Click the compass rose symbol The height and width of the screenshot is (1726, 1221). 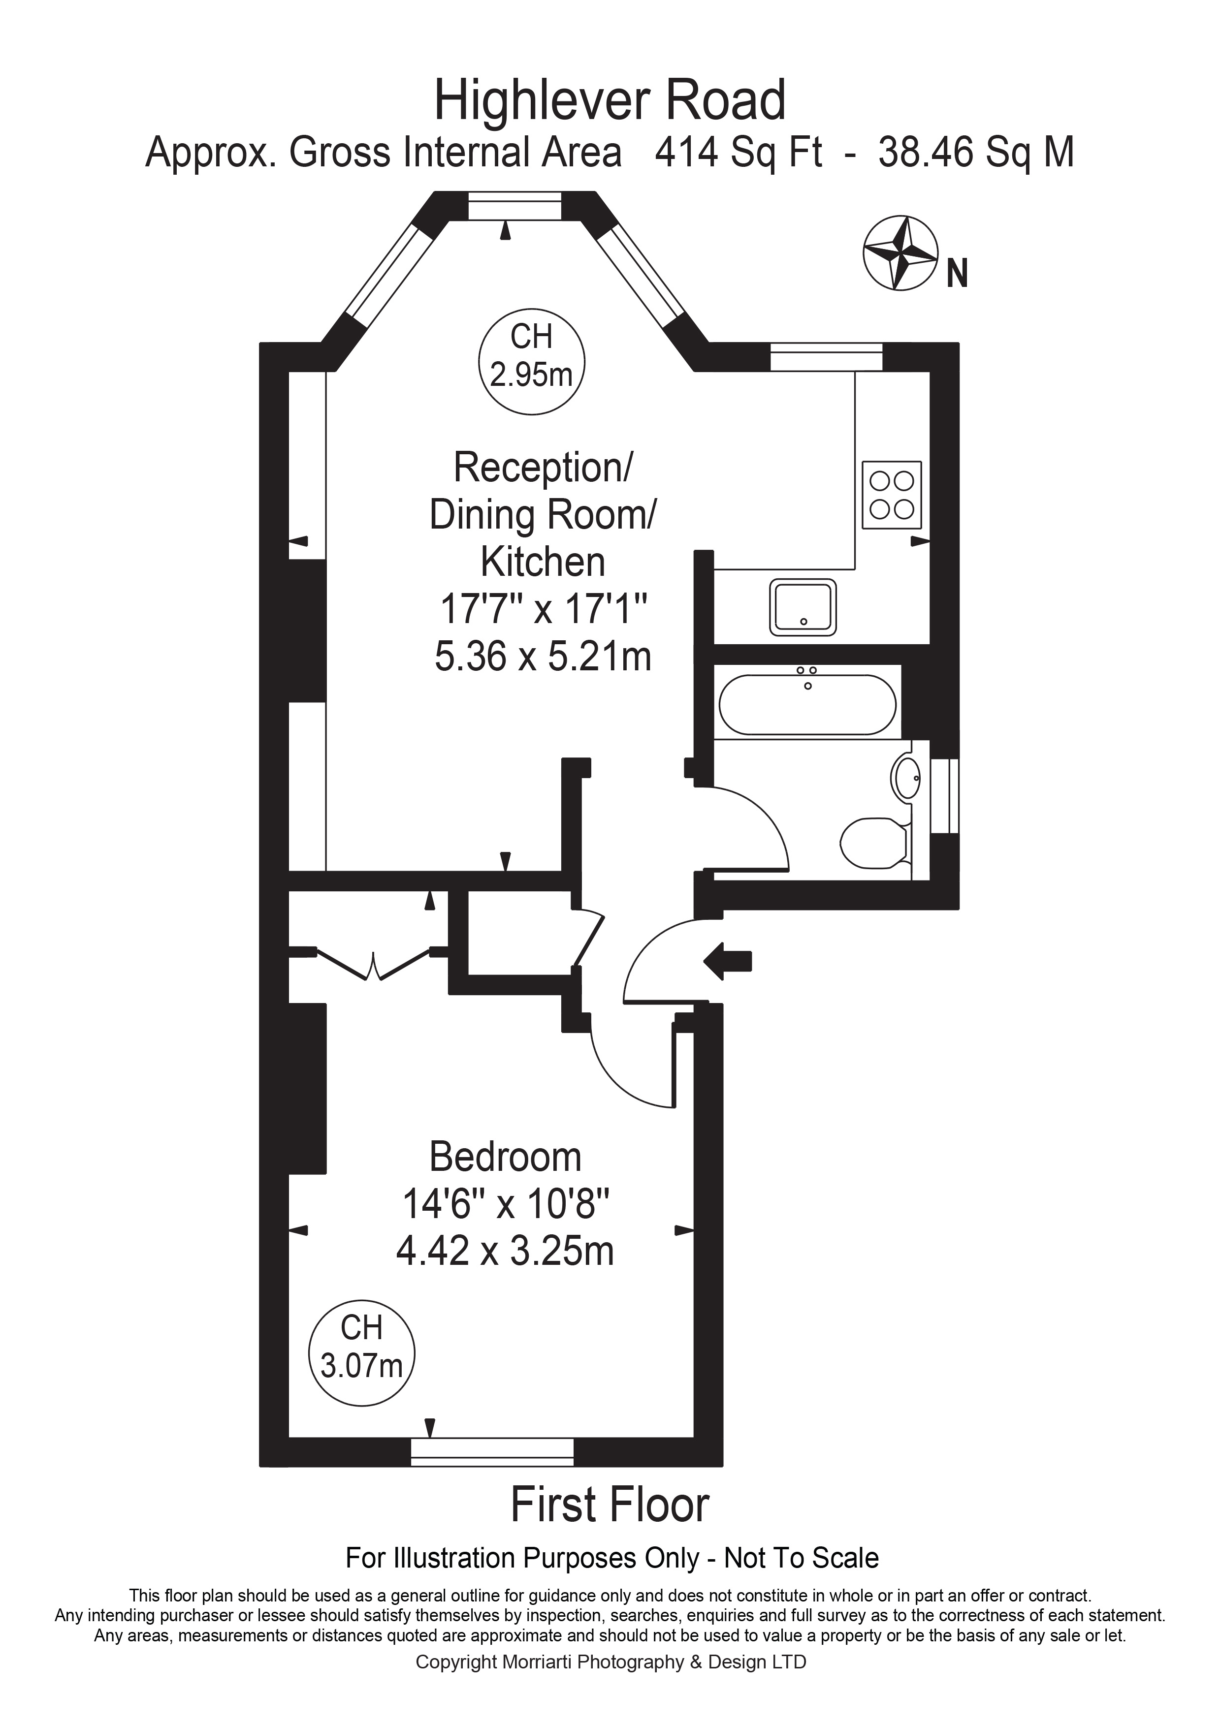[x=900, y=253]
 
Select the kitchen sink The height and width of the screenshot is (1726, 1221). [x=803, y=607]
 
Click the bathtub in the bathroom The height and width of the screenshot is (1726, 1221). [x=807, y=704]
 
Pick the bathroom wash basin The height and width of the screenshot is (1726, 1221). [x=906, y=778]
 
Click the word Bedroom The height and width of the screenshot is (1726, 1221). [x=505, y=1157]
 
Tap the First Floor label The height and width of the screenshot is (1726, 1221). [x=610, y=1504]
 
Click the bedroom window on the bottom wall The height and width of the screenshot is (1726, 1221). [x=492, y=1451]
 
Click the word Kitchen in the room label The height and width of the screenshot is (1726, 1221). [x=543, y=562]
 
